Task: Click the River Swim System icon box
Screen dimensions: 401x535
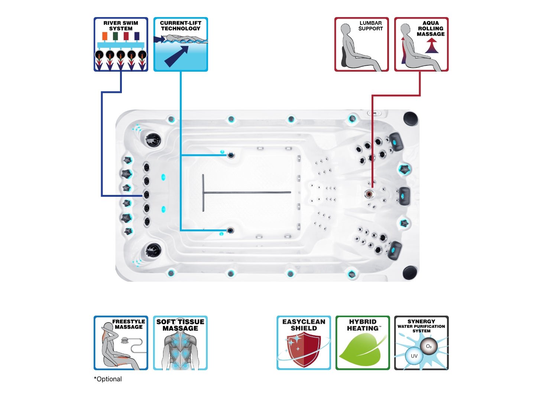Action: click(x=121, y=44)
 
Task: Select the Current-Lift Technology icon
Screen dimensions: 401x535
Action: click(x=181, y=44)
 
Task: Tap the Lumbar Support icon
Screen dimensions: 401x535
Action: click(x=361, y=44)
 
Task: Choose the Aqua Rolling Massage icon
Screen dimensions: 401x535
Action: click(x=421, y=44)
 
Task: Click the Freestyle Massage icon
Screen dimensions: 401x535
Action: click(x=121, y=343)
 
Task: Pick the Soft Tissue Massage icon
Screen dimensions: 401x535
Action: click(x=180, y=343)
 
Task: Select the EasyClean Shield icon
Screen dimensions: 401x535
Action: click(x=304, y=343)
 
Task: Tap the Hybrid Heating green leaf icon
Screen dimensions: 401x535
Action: click(x=363, y=349)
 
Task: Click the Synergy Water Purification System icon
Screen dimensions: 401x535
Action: click(x=421, y=343)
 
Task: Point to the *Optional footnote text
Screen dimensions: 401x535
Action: click(x=108, y=379)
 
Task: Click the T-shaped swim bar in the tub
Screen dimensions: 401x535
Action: click(x=245, y=192)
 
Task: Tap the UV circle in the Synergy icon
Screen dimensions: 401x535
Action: click(x=414, y=356)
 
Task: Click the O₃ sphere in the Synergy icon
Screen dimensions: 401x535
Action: click(x=428, y=346)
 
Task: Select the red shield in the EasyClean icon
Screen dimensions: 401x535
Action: click(x=304, y=349)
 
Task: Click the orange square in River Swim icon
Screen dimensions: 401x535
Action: click(x=105, y=36)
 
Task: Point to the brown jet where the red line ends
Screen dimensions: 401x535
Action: click(x=369, y=194)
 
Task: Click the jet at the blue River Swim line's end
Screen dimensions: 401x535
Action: click(x=146, y=195)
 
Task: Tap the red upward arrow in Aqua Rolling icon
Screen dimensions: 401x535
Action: click(x=431, y=46)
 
